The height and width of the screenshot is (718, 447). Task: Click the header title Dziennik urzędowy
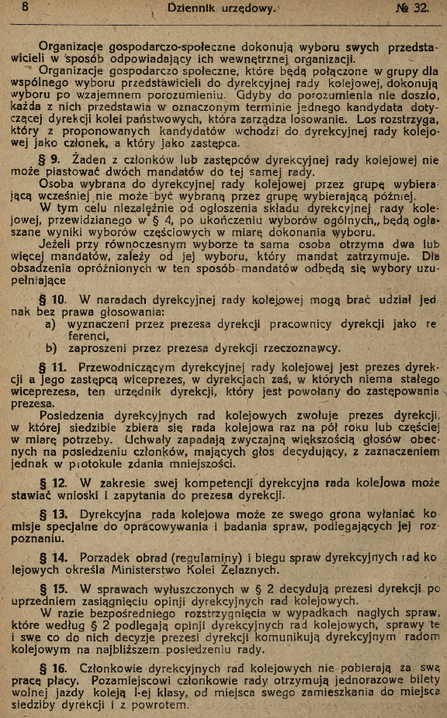[221, 9]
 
